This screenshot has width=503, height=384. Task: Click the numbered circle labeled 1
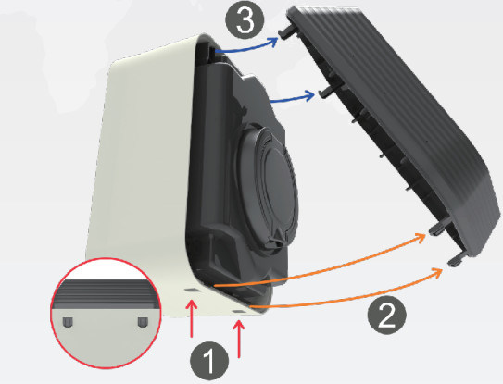coord(209,361)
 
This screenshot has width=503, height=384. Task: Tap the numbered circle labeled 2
coord(387,316)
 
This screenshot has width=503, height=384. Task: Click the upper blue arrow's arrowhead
coord(273,42)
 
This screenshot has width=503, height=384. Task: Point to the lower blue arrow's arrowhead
coord(310,95)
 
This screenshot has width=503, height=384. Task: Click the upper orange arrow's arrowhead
coord(421,238)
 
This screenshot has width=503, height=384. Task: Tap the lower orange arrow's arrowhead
coord(438,273)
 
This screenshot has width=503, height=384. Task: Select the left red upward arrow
coord(192,318)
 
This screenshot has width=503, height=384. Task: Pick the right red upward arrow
coord(239,339)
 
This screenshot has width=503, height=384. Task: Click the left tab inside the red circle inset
coord(67,322)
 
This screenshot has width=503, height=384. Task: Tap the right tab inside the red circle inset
coord(143,322)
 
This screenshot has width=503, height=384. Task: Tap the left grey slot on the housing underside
coord(192,289)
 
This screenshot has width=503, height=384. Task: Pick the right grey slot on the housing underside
coord(239,312)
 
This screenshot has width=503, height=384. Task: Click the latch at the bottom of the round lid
coord(276,242)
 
